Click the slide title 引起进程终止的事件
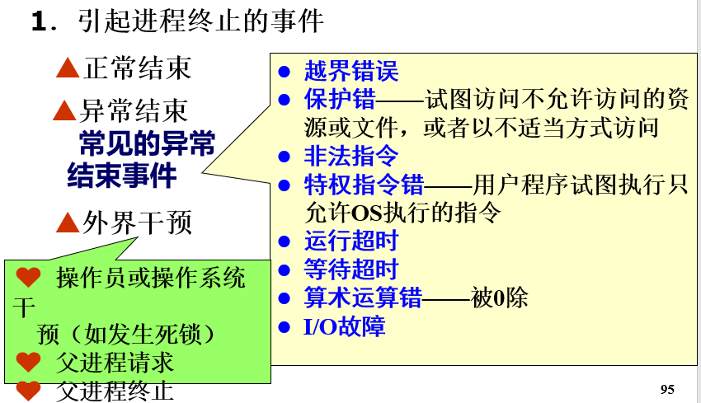[201, 21]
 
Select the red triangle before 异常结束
[64, 110]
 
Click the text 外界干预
[138, 222]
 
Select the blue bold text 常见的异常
[147, 143]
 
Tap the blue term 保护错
[340, 100]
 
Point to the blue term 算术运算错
[364, 298]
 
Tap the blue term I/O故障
[345, 326]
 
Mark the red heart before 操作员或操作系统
[28, 278]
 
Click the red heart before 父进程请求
[28, 361]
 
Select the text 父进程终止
[115, 389]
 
